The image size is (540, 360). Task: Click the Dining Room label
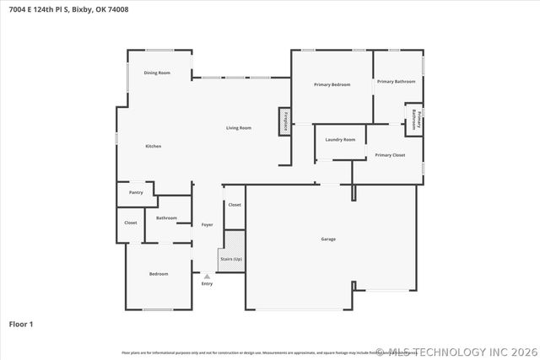click(x=157, y=73)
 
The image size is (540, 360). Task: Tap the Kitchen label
click(x=153, y=147)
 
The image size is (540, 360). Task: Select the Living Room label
click(x=239, y=128)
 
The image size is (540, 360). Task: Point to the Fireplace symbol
click(x=285, y=121)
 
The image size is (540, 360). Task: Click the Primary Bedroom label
click(x=332, y=84)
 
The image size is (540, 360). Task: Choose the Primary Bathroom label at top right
click(x=396, y=82)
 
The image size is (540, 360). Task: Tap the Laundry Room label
click(x=340, y=139)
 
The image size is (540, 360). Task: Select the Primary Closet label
click(x=390, y=155)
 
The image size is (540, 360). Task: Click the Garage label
click(x=328, y=239)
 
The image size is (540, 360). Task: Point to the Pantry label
click(x=136, y=192)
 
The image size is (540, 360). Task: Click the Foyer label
click(x=207, y=225)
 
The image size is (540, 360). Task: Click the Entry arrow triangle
click(x=207, y=276)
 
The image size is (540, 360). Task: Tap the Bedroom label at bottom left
click(x=159, y=274)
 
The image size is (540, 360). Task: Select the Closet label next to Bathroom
click(x=131, y=223)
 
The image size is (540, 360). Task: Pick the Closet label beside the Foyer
click(x=235, y=205)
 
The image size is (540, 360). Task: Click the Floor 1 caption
click(x=21, y=324)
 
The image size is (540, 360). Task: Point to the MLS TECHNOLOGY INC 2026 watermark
click(x=456, y=352)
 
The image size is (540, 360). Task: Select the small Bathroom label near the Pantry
click(x=166, y=218)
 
